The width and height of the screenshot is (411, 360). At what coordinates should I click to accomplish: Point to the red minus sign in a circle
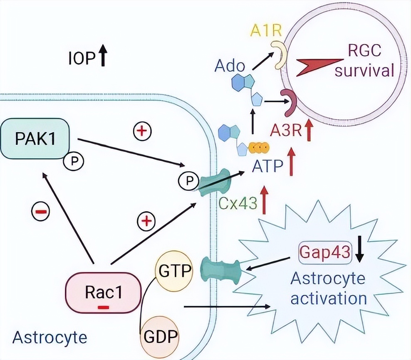[x=41, y=212]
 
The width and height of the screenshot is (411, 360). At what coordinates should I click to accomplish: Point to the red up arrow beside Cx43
[x=264, y=200]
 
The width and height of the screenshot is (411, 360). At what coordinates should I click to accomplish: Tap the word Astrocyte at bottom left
[x=50, y=337]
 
